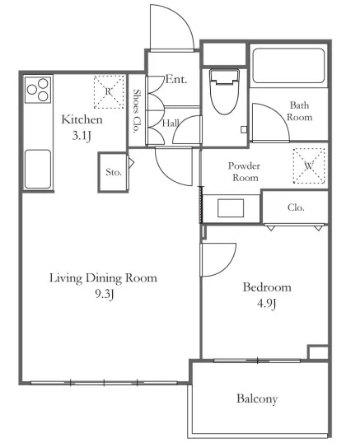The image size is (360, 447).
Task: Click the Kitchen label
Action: [x=82, y=119]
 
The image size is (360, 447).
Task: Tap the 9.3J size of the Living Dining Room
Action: [x=105, y=294]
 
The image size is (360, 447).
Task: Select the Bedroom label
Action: [x=267, y=287]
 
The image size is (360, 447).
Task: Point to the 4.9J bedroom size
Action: [x=266, y=304]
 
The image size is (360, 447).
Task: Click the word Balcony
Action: [x=257, y=398]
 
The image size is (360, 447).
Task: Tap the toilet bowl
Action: [x=224, y=91]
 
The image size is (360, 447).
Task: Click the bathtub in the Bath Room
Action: [x=288, y=66]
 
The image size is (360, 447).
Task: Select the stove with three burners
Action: [x=38, y=90]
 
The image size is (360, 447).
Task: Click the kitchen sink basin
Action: [x=38, y=169]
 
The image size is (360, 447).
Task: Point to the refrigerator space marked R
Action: [x=109, y=92]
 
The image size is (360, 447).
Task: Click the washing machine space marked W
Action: [x=309, y=165]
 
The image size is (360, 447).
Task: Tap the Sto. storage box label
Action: [x=114, y=172]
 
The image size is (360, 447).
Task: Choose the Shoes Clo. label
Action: [x=137, y=111]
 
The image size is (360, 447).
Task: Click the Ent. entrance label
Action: [x=176, y=79]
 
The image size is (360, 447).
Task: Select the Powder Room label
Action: [x=244, y=171]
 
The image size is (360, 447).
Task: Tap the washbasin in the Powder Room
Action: [x=231, y=208]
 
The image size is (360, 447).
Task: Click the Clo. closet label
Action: [x=296, y=207]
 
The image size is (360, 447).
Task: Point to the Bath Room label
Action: [x=300, y=111]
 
